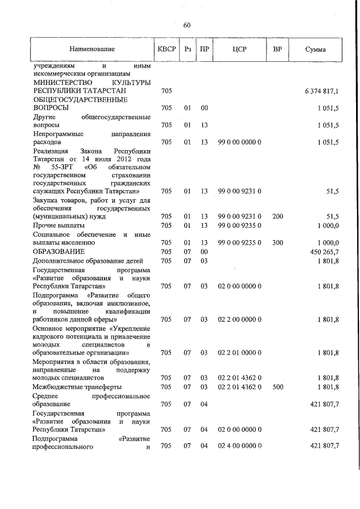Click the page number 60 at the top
click(187, 25)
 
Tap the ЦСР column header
click(240, 49)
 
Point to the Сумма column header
click(315, 49)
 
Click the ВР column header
click(277, 49)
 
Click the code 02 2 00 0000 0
click(240, 320)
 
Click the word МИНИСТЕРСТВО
click(61, 82)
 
